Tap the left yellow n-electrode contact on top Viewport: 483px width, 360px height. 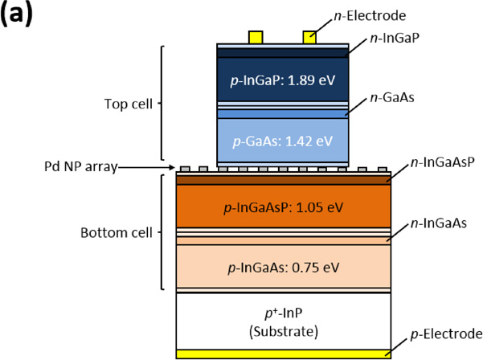pyautogui.click(x=256, y=37)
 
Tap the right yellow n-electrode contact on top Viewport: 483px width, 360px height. pyautogui.click(x=309, y=37)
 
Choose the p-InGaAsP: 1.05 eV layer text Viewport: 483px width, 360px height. pyautogui.click(x=283, y=207)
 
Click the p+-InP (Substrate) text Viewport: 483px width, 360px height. pyautogui.click(x=283, y=321)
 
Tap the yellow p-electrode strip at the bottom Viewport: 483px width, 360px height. pyautogui.click(x=283, y=353)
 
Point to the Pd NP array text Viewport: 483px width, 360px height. pyautogui.click(x=80, y=167)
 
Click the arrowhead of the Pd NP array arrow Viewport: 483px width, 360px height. pyautogui.click(x=174, y=167)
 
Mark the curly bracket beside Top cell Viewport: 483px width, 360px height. pyautogui.click(x=162, y=104)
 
